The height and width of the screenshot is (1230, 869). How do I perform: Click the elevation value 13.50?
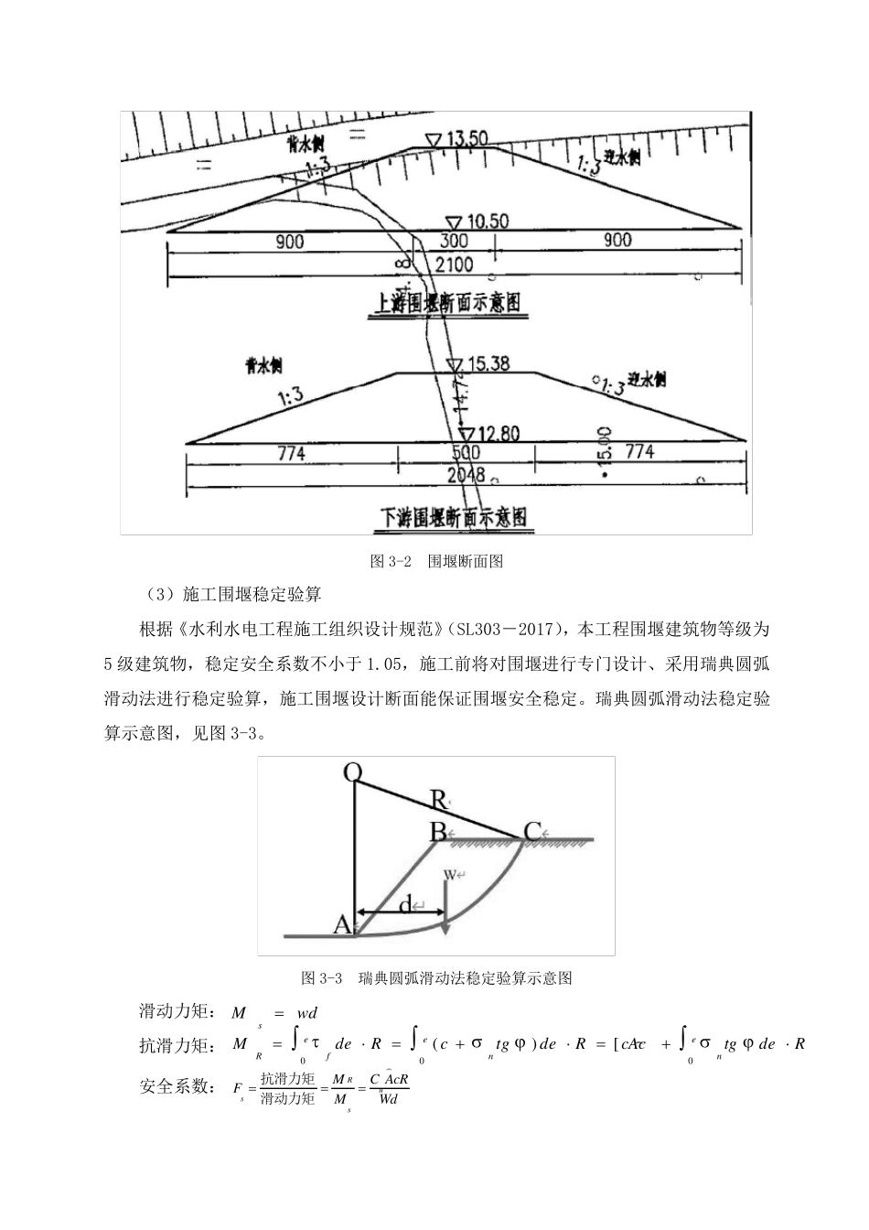(467, 139)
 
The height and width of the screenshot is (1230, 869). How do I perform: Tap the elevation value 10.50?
(488, 221)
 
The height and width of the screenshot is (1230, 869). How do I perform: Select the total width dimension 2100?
(455, 264)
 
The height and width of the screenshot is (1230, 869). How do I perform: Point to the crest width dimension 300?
(454, 241)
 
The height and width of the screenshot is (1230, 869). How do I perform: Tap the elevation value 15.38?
(488, 363)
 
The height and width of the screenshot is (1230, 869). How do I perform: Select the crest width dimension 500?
(466, 453)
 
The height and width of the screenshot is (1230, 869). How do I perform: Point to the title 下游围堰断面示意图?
(454, 517)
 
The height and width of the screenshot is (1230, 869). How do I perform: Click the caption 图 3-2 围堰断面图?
(436, 562)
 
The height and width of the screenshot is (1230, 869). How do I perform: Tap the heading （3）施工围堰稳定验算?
(233, 595)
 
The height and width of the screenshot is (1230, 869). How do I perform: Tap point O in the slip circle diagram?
(353, 773)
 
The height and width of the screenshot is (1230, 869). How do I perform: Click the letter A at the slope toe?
(342, 925)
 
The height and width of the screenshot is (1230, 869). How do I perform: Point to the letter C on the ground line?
(532, 832)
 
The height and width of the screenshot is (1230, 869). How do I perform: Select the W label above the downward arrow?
(450, 874)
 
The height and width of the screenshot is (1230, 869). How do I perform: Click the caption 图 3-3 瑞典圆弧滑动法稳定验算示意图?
(436, 978)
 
